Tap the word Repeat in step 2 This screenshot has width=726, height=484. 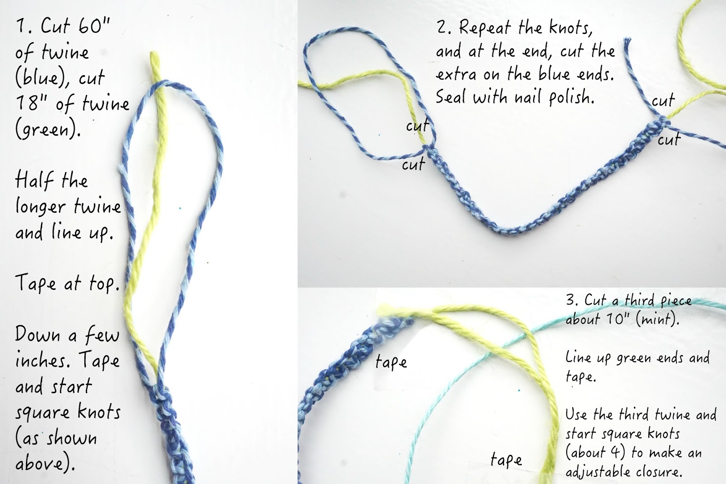point(485,28)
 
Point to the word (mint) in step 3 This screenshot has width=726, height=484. point(657,320)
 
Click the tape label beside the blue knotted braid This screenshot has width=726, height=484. point(391,362)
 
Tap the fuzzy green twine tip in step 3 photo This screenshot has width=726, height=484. point(384,309)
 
